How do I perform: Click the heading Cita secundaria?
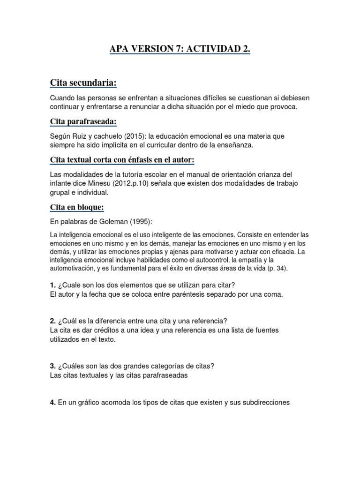(83, 83)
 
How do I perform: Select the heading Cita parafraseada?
(83, 122)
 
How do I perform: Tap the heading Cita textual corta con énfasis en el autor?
(122, 160)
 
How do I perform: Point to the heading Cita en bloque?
(77, 207)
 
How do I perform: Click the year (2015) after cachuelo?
(134, 136)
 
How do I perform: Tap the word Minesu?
(105, 183)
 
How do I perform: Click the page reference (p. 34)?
(281, 269)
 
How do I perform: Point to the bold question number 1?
(52, 285)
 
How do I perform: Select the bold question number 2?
(52, 321)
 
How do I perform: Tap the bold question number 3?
(52, 366)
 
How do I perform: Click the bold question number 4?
(52, 402)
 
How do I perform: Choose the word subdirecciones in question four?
(265, 402)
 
